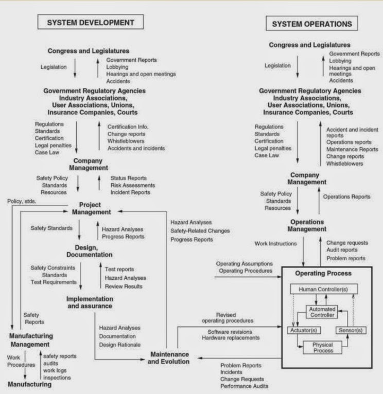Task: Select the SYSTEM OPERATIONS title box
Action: pyautogui.click(x=312, y=24)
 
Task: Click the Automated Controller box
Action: pyautogui.click(x=322, y=312)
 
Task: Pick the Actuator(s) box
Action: pyautogui.click(x=303, y=330)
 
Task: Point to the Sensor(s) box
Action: pyautogui.click(x=351, y=330)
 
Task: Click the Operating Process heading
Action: pyautogui.click(x=323, y=273)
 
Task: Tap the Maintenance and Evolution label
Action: pyautogui.click(x=169, y=358)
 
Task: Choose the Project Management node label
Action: pyautogui.click(x=91, y=208)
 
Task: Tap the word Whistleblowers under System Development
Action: pyautogui.click(x=126, y=141)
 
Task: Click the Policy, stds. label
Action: pyautogui.click(x=22, y=201)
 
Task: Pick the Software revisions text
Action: pyautogui.click(x=234, y=331)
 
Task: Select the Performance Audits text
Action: pyautogui.click(x=244, y=386)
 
